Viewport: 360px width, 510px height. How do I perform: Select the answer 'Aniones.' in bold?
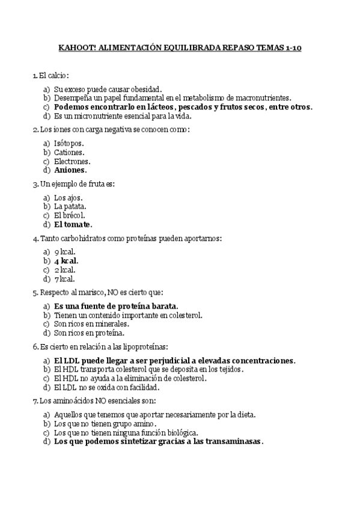(x=70, y=170)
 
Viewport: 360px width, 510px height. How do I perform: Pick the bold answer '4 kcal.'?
(x=66, y=261)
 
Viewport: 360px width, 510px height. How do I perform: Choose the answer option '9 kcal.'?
(x=64, y=252)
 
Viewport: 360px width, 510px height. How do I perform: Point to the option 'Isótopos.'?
(x=69, y=143)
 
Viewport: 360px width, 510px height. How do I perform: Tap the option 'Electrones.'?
(x=72, y=161)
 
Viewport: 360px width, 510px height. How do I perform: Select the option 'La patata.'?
(x=69, y=206)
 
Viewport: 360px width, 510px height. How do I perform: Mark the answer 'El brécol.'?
(x=69, y=215)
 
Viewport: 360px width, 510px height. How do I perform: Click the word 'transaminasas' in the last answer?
(x=234, y=441)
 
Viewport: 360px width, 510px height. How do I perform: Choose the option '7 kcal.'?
(x=64, y=279)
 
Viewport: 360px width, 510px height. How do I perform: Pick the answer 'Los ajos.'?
(x=68, y=197)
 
